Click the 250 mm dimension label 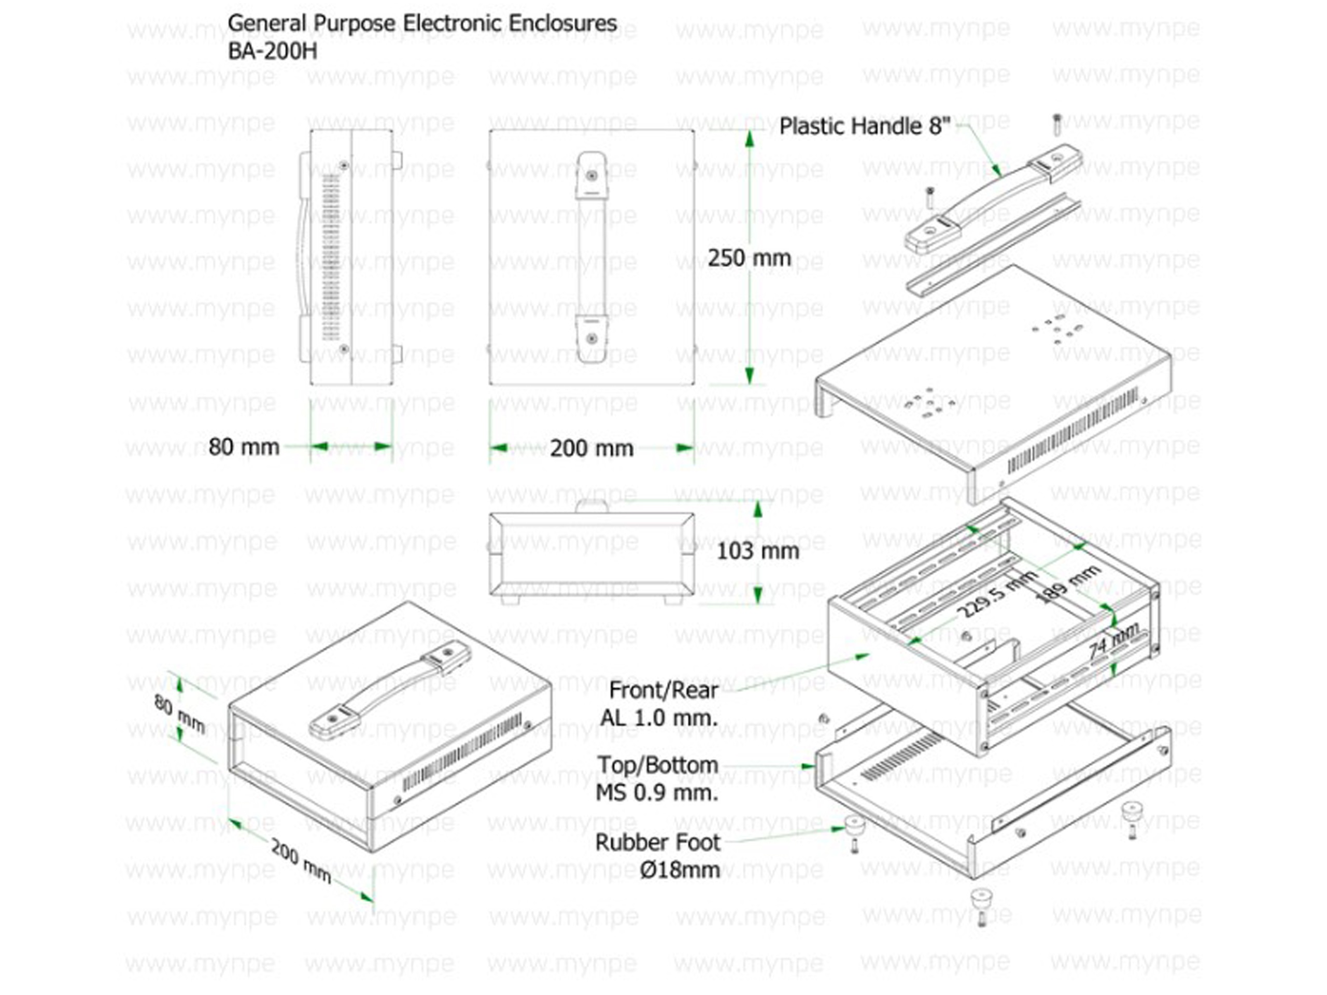pyautogui.click(x=749, y=258)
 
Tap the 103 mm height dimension pyautogui.click(x=758, y=550)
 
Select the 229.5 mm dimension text pyautogui.click(x=999, y=594)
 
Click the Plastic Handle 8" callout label pyautogui.click(x=865, y=126)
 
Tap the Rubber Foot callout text pyautogui.click(x=657, y=843)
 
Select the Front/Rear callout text pyautogui.click(x=663, y=690)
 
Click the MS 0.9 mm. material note pyautogui.click(x=657, y=793)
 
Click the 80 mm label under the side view pyautogui.click(x=244, y=447)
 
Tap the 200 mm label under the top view pyautogui.click(x=591, y=448)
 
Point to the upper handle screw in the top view pyautogui.click(x=592, y=176)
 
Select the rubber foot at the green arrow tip pyautogui.click(x=855, y=825)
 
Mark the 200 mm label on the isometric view pyautogui.click(x=301, y=861)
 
